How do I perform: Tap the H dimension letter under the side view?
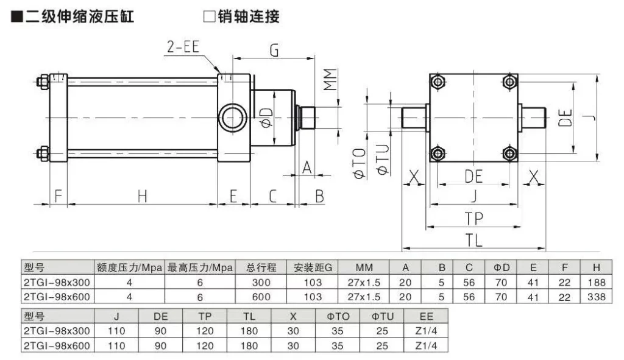click(x=142, y=196)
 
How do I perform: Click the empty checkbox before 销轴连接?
click(x=209, y=16)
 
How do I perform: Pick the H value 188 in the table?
click(x=597, y=282)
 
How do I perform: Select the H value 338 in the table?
click(x=597, y=297)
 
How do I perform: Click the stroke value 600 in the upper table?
click(x=260, y=297)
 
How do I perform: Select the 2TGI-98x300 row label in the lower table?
click(x=56, y=331)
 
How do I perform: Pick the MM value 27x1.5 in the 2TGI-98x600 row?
click(x=364, y=297)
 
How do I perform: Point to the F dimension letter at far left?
click(x=58, y=196)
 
